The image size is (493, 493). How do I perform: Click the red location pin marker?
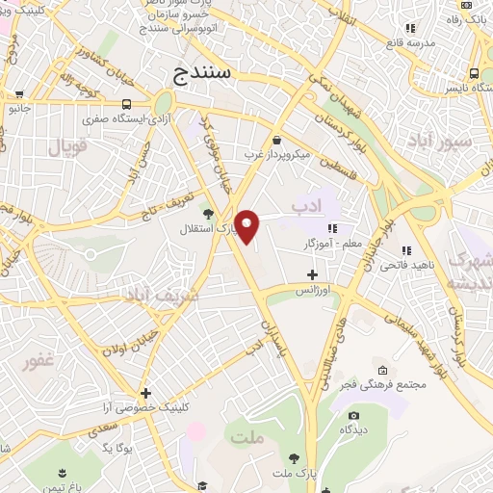[247, 226]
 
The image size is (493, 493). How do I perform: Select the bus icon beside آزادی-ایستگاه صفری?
[128, 104]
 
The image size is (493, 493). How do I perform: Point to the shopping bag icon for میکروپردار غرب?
[276, 140]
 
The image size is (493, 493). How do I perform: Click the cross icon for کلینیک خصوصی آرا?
[144, 393]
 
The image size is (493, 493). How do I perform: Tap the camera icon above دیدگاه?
[353, 416]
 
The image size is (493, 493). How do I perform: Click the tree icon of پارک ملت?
[293, 458]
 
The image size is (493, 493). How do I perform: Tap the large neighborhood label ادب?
[304, 205]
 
